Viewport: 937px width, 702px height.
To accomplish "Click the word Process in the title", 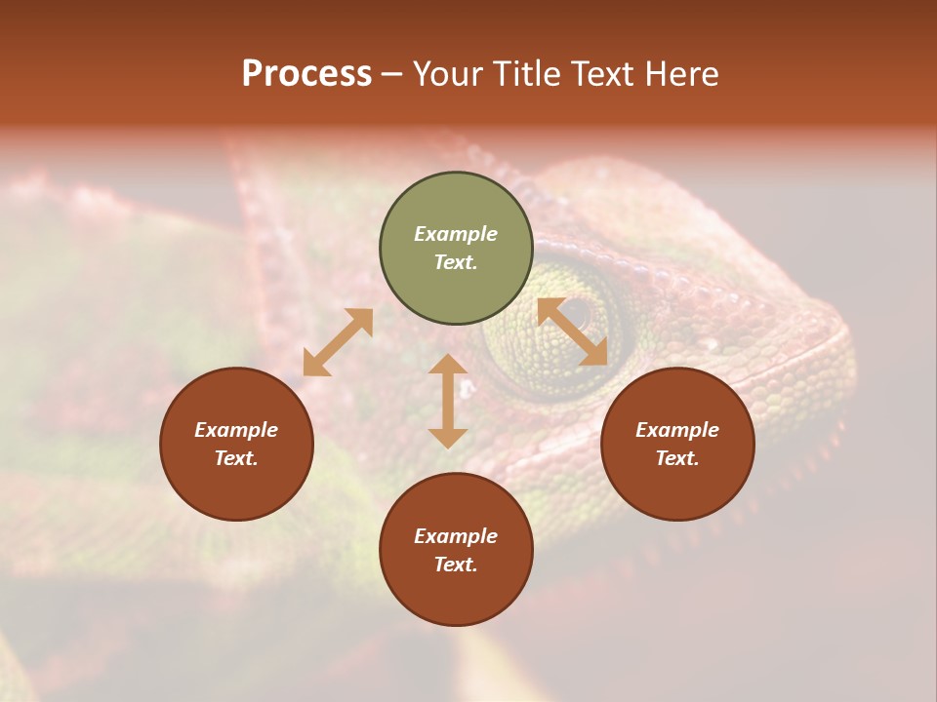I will pyautogui.click(x=306, y=74).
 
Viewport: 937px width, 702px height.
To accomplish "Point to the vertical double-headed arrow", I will pyautogui.click(x=448, y=401).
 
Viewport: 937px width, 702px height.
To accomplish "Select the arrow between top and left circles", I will pyautogui.click(x=338, y=342).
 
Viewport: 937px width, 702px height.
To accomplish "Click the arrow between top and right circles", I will pyautogui.click(x=573, y=331).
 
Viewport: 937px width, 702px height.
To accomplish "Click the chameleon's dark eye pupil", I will pyautogui.click(x=579, y=315).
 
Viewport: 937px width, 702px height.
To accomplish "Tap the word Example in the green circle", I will pyautogui.click(x=456, y=234).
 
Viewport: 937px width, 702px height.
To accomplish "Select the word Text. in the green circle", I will pyautogui.click(x=456, y=262).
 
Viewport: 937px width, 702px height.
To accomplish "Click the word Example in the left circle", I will pyautogui.click(x=236, y=430).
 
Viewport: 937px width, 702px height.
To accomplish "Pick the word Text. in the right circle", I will pyautogui.click(x=677, y=458).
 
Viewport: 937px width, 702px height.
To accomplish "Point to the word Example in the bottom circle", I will pyautogui.click(x=456, y=536).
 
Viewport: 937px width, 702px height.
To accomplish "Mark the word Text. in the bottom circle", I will pyautogui.click(x=456, y=565).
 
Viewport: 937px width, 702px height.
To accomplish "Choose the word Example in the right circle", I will pyautogui.click(x=677, y=430).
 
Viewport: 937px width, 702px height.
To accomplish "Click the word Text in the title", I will pyautogui.click(x=603, y=74).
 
